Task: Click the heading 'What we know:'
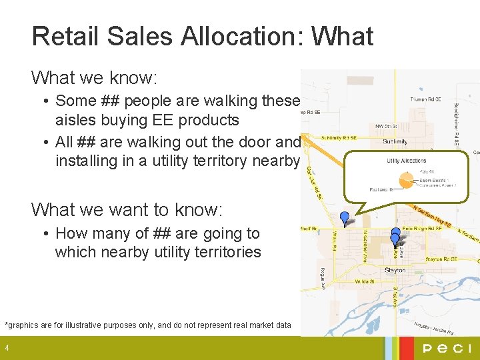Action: click(x=94, y=78)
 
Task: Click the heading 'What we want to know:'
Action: click(x=127, y=209)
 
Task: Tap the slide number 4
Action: click(x=6, y=348)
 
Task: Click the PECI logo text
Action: click(x=447, y=348)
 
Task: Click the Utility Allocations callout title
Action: click(x=406, y=161)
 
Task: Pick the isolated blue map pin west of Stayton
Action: click(x=345, y=217)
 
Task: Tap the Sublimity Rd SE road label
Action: click(x=338, y=138)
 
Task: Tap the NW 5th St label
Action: click(x=387, y=125)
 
